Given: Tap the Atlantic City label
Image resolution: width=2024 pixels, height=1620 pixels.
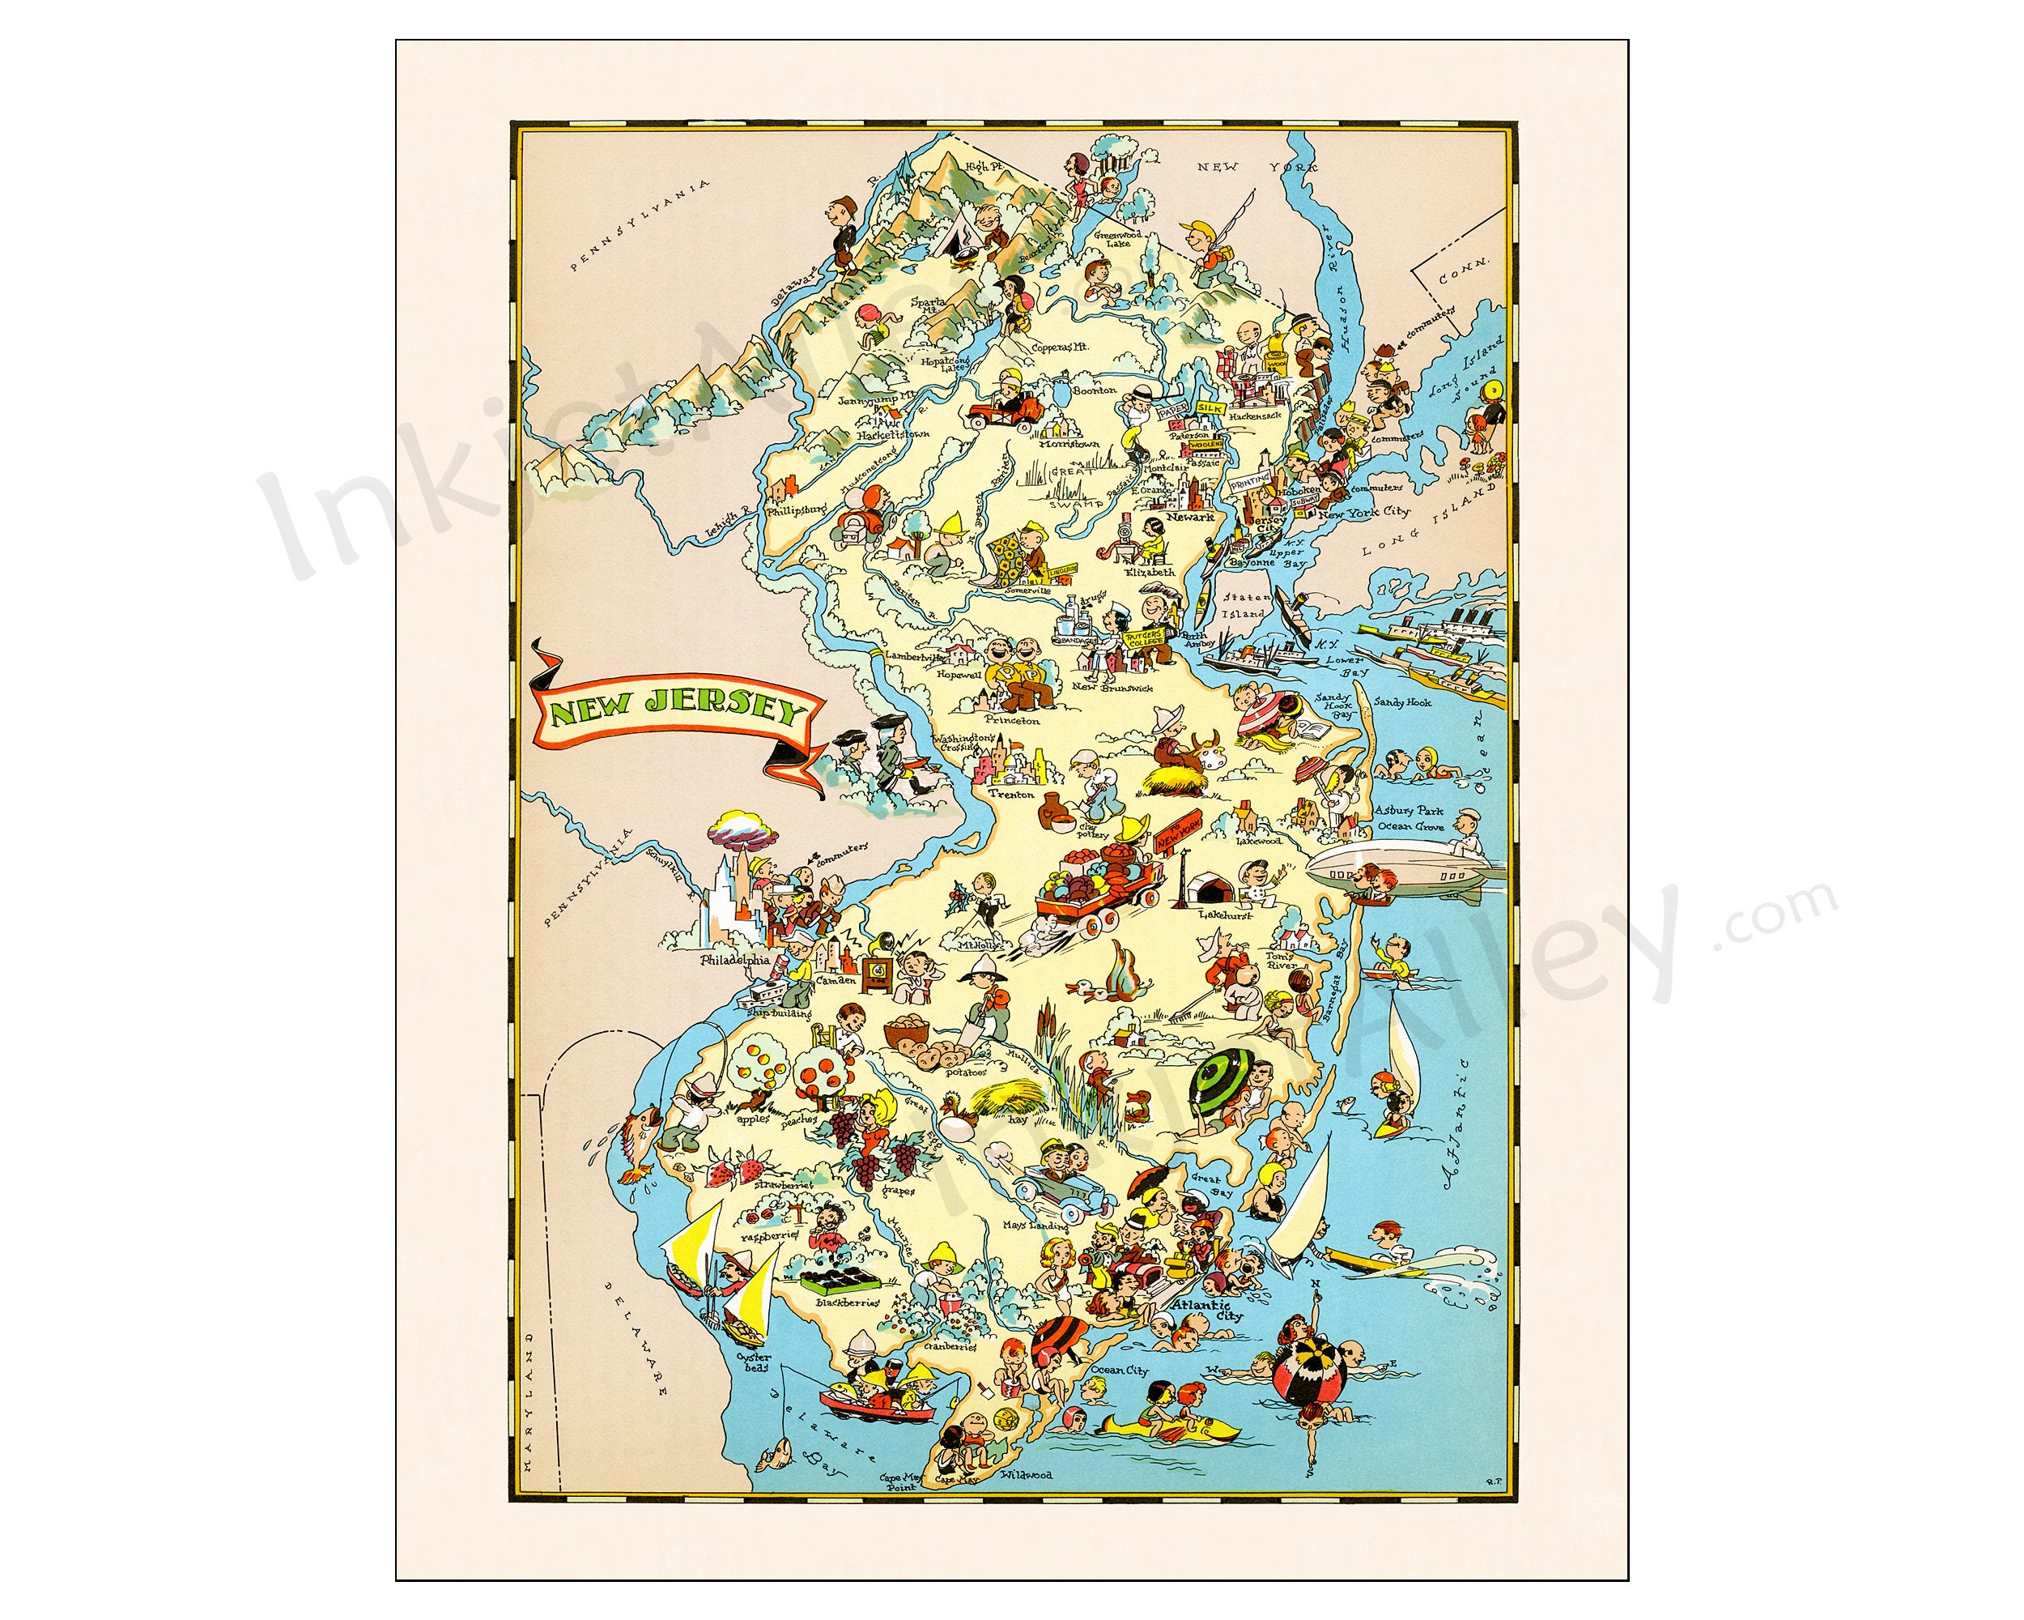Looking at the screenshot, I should point(1206,1312).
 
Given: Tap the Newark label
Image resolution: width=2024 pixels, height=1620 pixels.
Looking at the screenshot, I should point(1190,517).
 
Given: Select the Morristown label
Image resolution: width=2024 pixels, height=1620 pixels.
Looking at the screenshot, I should point(1069,443).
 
